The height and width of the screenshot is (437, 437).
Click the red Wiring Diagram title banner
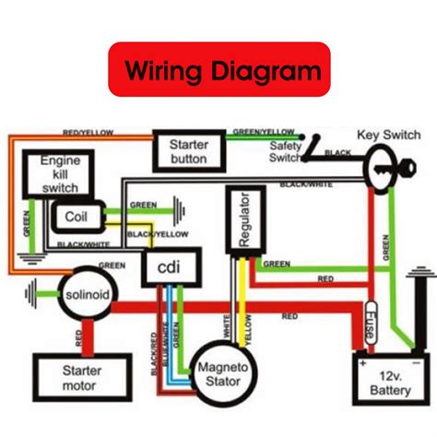218,69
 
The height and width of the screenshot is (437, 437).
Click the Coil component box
76,217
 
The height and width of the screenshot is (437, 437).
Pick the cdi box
168,268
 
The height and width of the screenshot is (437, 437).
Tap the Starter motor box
76,375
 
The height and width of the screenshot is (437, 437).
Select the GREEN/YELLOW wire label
266,132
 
